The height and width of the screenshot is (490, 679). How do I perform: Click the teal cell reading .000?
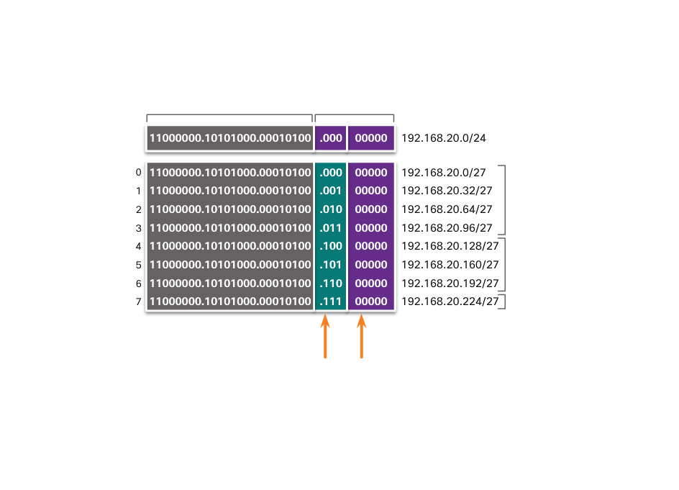point(331,173)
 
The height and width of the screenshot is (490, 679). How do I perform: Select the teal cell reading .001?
point(331,191)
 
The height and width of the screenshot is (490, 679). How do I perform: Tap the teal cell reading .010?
point(331,209)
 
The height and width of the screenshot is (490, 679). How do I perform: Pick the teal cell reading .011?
point(331,228)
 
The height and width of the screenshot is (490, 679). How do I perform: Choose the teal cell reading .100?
point(331,246)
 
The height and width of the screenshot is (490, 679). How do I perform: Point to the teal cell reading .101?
point(331,264)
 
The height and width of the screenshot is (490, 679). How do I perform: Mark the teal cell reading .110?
point(331,283)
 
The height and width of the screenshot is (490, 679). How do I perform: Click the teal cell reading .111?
point(331,301)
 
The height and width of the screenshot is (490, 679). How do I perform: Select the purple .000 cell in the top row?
point(331,138)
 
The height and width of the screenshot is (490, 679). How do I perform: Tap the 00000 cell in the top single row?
point(371,138)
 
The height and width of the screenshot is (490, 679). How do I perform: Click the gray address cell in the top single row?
point(230,138)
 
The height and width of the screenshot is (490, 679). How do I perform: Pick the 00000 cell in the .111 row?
point(371,301)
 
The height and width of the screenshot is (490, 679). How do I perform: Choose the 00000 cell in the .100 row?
point(371,246)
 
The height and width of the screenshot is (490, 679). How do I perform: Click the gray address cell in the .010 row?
point(230,209)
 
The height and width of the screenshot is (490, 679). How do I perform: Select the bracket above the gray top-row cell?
point(229,115)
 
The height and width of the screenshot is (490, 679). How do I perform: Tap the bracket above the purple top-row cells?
point(354,115)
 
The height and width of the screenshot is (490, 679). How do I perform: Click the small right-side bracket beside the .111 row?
point(503,301)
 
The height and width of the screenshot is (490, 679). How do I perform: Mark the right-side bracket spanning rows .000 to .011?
point(503,200)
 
